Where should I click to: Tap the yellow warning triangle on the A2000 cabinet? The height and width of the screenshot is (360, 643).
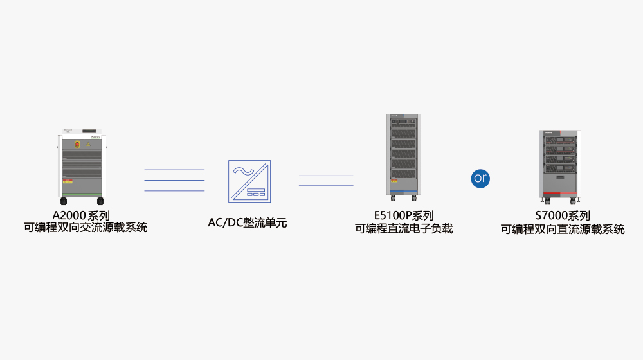(x=88, y=145)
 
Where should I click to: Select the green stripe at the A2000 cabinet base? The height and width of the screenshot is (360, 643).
(x=82, y=194)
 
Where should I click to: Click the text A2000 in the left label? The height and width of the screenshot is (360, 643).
(x=68, y=216)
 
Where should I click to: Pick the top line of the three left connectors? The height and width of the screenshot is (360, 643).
(x=174, y=170)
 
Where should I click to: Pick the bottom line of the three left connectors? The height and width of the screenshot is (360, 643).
(x=174, y=191)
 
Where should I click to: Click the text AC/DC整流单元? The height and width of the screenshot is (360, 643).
(x=247, y=223)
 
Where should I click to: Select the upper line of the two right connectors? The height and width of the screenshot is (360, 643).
(x=326, y=175)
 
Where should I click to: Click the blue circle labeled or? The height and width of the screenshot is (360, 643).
(x=480, y=178)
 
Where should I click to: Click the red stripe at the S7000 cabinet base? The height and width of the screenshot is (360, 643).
(x=558, y=192)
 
